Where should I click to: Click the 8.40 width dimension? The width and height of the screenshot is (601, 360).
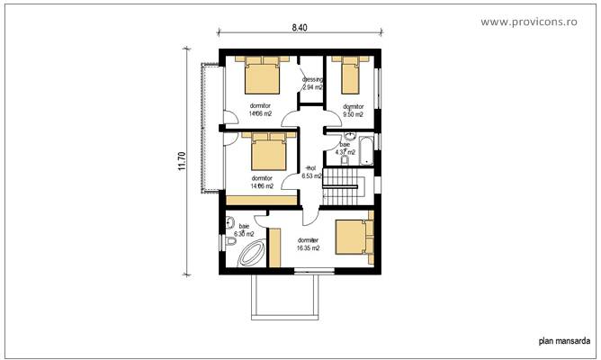pos(300,28)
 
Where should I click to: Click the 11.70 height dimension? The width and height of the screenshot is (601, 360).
pos(181,160)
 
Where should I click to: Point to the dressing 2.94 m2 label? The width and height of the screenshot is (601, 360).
pos(312,85)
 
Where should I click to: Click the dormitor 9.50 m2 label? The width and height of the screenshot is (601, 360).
pos(353,111)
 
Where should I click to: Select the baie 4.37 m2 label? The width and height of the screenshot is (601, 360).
pos(345,148)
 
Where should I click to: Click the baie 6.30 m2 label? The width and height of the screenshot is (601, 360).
pos(244,229)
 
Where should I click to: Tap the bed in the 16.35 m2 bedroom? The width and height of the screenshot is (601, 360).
pos(352,238)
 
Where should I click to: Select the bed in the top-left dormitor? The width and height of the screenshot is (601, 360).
pos(263,77)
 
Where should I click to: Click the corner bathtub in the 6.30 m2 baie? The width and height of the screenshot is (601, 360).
pos(247,256)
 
